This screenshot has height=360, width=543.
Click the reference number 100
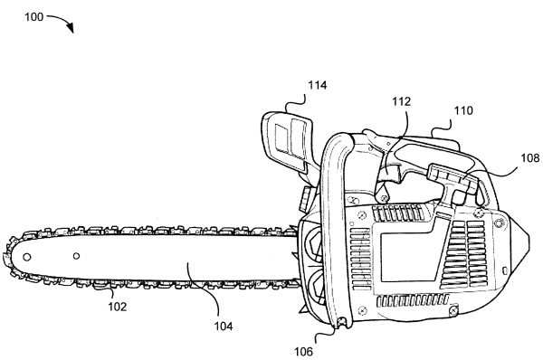[x=33, y=16]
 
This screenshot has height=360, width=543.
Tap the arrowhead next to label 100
[x=71, y=28]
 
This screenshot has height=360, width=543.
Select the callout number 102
[x=118, y=307]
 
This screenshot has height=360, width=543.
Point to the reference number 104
[x=224, y=326]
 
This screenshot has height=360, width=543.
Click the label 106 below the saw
[x=303, y=352]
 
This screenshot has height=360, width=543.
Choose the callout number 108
[x=530, y=158]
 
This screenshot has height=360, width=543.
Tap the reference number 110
[x=463, y=110]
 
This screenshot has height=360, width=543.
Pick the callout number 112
[x=401, y=101]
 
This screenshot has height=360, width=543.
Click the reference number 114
[x=318, y=85]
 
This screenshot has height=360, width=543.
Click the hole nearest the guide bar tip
[x=26, y=257]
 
